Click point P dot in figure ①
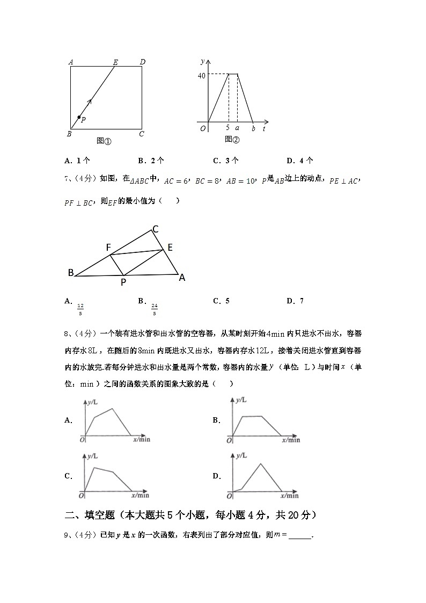pos(79,117)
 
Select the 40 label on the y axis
pos(201,76)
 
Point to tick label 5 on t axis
pos(228,128)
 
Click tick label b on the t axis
pos(253,128)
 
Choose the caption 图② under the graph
pos(232,140)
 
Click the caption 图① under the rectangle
pos(104,141)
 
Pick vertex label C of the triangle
pos(155,229)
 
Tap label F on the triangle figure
pos(108,248)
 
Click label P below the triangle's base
pos(123,282)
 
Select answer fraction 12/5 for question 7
pos(80,309)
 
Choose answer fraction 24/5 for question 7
pos(154,309)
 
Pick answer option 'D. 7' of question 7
pos(295,301)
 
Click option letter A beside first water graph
pos(68,420)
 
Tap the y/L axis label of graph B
pos(241,400)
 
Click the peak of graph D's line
pos(261,463)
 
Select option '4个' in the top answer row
pos(305,160)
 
